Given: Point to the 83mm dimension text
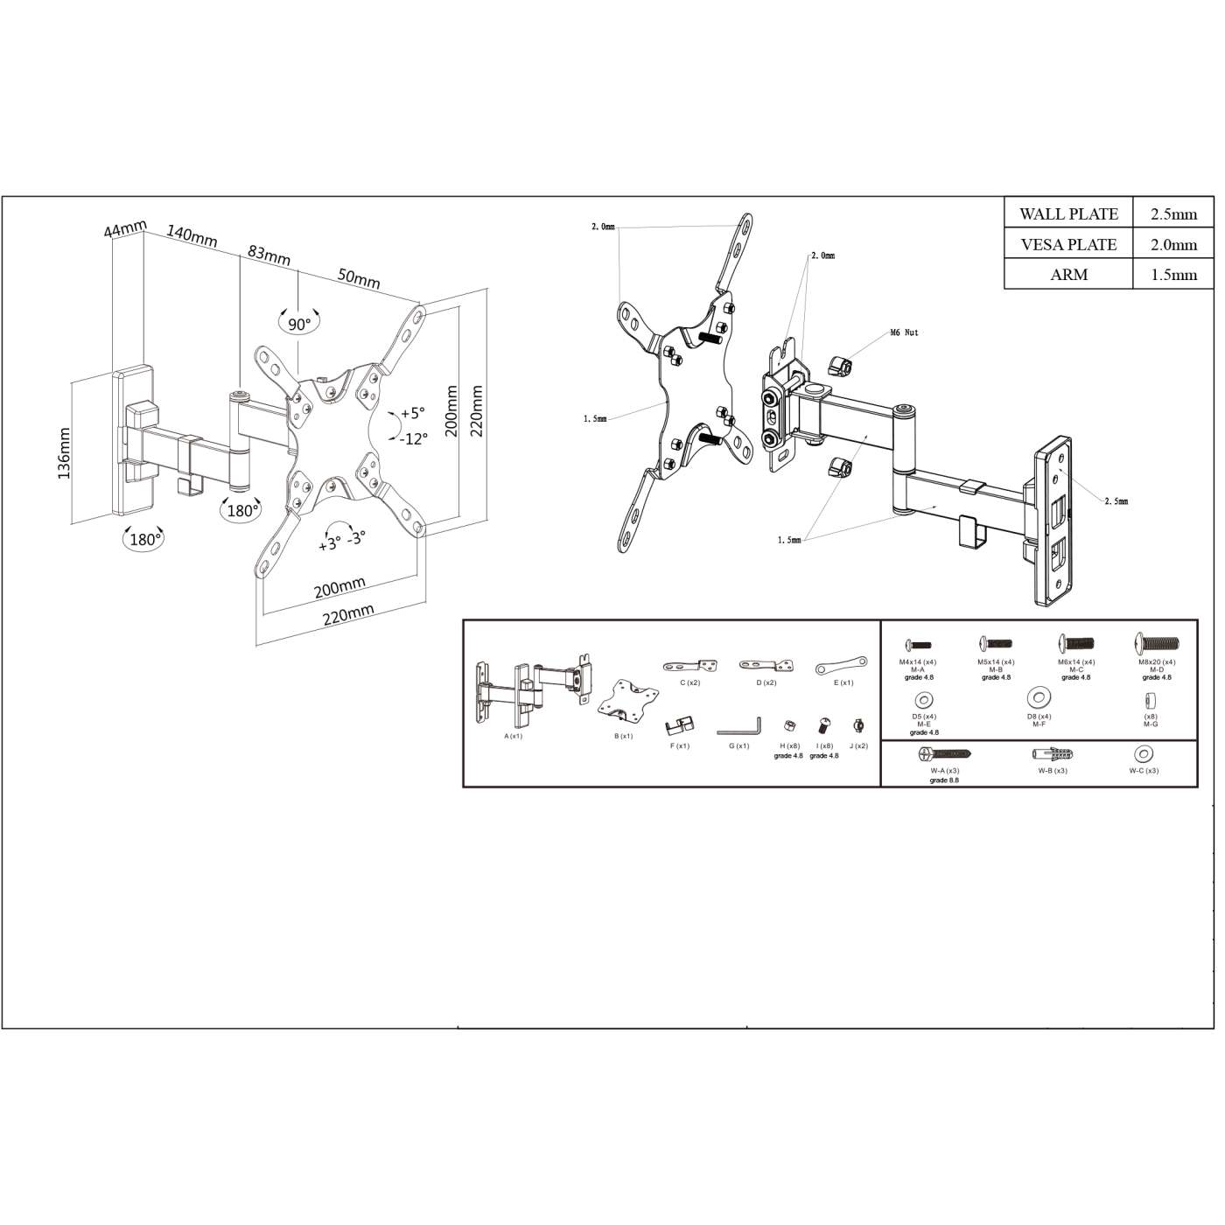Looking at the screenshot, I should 269,255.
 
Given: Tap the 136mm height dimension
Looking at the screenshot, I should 64,453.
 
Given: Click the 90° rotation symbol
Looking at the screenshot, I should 299,324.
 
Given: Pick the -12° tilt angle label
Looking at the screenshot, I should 413,439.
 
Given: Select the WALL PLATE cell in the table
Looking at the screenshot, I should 1068,214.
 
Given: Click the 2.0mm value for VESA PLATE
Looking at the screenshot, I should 1173,245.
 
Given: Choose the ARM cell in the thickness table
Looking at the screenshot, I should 1068,275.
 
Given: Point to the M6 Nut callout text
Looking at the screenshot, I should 904,332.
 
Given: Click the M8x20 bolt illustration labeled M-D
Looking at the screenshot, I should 1156,644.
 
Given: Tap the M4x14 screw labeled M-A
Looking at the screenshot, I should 917,646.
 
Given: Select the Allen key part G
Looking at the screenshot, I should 739,727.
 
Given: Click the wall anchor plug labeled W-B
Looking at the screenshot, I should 1053,754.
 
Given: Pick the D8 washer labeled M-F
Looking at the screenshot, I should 1039,698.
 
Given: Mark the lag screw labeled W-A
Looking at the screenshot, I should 944,754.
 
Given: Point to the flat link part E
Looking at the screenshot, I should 841,666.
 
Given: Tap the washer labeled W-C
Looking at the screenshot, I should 1143,754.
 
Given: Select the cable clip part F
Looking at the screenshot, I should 679,725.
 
